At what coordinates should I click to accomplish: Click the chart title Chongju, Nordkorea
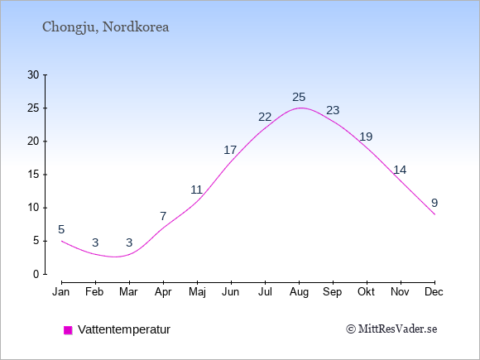click(x=106, y=27)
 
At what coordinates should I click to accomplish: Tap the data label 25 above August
click(x=299, y=97)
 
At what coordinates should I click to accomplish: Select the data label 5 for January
click(x=61, y=229)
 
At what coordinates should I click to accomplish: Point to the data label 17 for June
click(x=230, y=150)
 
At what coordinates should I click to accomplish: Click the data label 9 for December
click(x=434, y=203)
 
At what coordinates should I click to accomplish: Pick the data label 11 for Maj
click(x=196, y=190)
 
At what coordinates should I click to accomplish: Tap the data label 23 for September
click(x=333, y=110)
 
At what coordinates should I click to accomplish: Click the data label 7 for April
click(x=163, y=216)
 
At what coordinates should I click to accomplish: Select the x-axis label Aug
click(x=299, y=292)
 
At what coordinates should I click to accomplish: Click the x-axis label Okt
click(x=367, y=292)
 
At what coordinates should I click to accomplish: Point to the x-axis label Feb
click(x=94, y=292)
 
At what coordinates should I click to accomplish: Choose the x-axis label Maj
click(x=197, y=292)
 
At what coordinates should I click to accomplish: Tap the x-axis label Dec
click(x=434, y=292)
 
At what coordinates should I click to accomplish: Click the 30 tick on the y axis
click(x=33, y=74)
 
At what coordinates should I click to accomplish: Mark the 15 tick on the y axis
click(x=33, y=175)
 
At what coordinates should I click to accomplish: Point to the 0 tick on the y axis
click(x=36, y=274)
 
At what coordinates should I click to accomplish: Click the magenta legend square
click(x=68, y=330)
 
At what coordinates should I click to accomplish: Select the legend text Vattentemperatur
click(x=124, y=329)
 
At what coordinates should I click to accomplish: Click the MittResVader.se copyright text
click(x=391, y=329)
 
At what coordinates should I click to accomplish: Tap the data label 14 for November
click(x=400, y=170)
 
